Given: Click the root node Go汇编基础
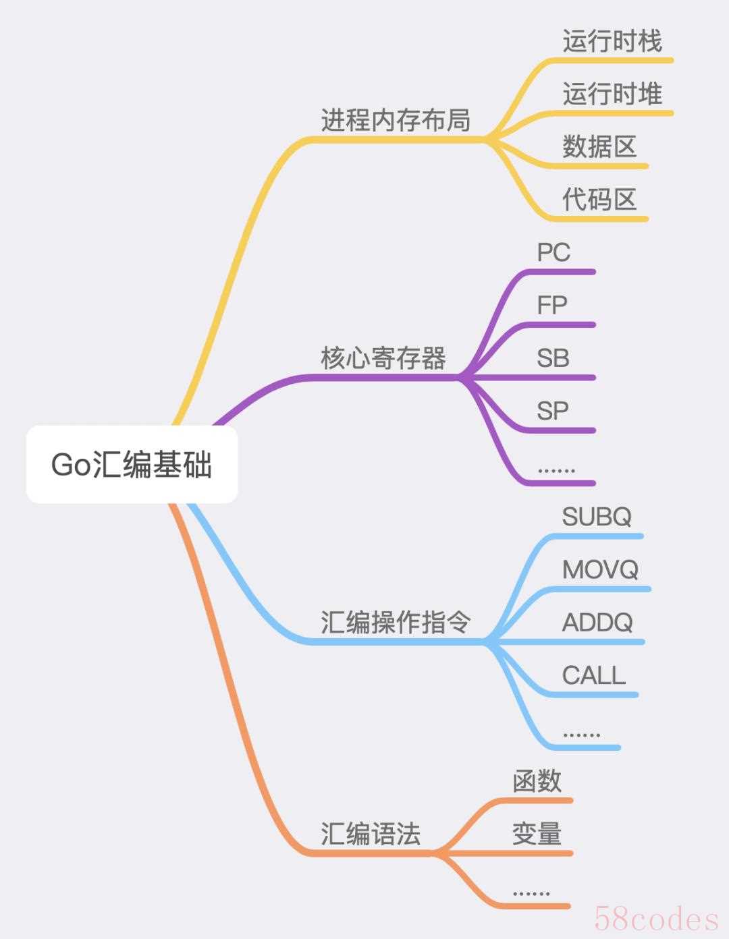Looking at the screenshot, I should tap(132, 465).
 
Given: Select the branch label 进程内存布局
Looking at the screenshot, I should tap(396, 121).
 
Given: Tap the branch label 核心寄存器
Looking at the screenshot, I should tap(383, 358).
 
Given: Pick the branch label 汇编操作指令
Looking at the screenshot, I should tap(396, 622).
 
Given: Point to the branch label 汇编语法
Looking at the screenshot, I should tap(370, 834).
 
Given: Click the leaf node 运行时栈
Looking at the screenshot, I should tap(612, 41).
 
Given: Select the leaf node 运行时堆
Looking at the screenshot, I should tap(612, 94).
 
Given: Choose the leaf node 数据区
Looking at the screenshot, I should tap(599, 146).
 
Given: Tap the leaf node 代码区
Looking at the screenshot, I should tap(599, 200).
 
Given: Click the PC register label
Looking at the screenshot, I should tap(553, 252).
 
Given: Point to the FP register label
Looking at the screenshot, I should tap(552, 305).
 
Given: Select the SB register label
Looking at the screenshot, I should tap(553, 358).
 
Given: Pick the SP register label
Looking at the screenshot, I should tap(553, 411).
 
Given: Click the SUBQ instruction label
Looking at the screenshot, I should tap(597, 517).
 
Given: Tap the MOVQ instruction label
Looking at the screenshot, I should tap(600, 569).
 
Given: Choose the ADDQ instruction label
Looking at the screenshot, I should tap(597, 622).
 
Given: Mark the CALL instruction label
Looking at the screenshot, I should tap(594, 675).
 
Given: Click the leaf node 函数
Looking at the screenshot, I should tap(537, 781).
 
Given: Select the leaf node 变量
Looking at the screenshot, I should tap(537, 834).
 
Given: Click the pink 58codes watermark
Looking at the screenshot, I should tap(656, 919).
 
